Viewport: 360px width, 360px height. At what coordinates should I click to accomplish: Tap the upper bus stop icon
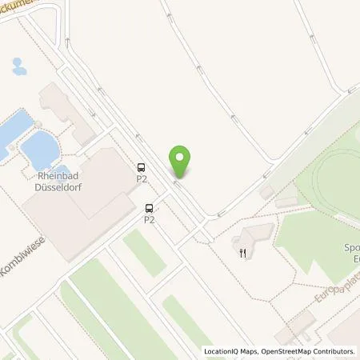142,168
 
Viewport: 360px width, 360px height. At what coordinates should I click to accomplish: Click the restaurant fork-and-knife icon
242,253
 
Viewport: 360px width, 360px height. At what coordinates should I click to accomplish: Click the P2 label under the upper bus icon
142,179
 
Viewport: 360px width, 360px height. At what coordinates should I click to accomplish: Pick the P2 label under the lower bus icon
149,219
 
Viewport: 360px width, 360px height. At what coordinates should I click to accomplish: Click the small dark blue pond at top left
19,66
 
